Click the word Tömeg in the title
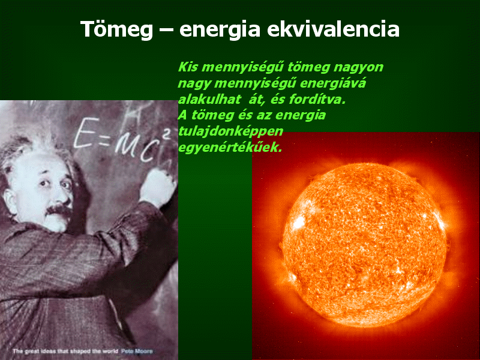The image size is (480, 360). tap(116, 29)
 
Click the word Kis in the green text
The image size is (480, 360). tap(188, 67)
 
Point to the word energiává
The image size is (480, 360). tap(333, 83)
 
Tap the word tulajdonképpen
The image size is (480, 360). tap(230, 131)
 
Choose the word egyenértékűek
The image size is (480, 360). tap(230, 148)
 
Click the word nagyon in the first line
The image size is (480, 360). tap(358, 68)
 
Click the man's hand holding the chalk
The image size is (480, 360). tap(158, 187)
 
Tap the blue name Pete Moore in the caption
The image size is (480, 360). tap(137, 351)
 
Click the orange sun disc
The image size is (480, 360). tap(364, 245)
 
